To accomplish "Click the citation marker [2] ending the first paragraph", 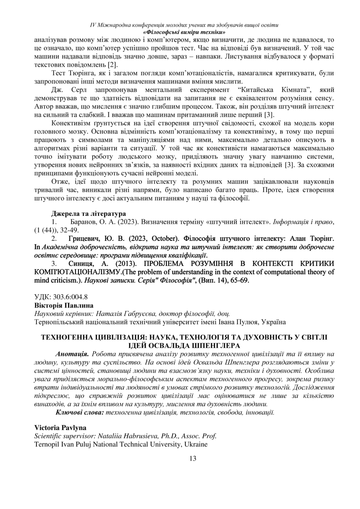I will [112, 65].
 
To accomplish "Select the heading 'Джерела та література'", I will [88, 214].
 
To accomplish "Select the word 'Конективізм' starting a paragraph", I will [71, 123].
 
